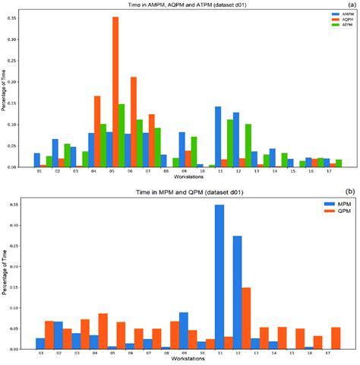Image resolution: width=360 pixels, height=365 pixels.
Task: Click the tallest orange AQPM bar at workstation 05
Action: coord(115,91)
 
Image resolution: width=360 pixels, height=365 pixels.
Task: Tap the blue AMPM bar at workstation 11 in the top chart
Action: coord(218,126)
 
